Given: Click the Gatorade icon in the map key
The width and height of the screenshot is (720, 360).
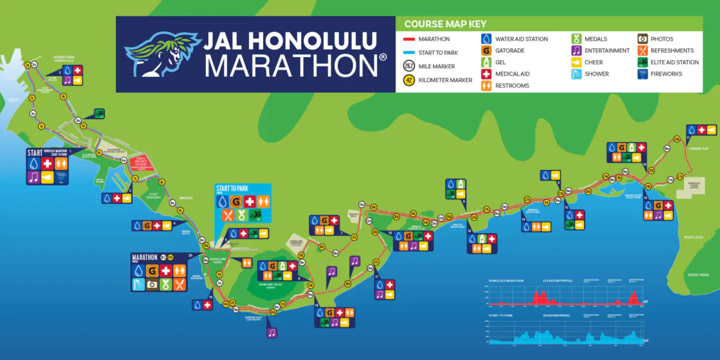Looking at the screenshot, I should pos(486,50).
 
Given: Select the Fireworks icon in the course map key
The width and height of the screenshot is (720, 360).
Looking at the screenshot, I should pos(641,74).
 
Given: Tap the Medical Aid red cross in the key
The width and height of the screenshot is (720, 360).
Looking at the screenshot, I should pos(486,74).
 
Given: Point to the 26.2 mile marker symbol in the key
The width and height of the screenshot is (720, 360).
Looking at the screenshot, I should pos(408,66).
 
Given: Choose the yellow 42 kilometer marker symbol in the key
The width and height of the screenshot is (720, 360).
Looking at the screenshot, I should pos(408,80).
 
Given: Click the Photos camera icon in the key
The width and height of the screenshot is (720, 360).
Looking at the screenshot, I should pos(641,39).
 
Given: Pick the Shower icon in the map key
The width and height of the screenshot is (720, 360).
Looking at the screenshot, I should pos(575,74).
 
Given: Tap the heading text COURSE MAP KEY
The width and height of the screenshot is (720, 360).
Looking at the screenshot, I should pos(445,25).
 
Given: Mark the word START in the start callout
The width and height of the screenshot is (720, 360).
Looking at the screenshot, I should pos(35,152).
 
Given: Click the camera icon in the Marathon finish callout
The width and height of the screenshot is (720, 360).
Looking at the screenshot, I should pos(152,285).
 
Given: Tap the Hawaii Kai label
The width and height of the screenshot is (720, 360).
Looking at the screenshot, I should pos(698,148).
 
